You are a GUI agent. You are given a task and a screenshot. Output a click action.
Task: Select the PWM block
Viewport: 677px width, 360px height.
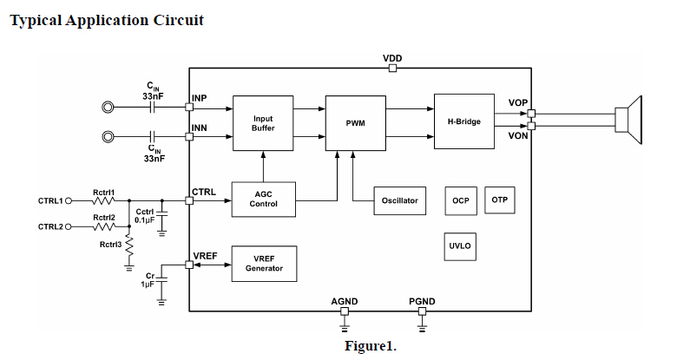(x=355, y=122)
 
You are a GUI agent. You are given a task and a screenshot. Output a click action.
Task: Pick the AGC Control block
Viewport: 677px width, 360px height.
(x=264, y=200)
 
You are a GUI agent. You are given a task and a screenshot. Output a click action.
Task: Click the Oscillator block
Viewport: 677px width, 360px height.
(x=399, y=200)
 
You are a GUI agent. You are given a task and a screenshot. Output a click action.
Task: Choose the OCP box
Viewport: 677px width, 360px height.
(x=460, y=200)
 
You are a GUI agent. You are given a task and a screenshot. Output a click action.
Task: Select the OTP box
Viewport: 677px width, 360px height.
(x=499, y=200)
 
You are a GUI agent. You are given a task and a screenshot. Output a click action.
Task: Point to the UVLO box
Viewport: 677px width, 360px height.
(x=460, y=245)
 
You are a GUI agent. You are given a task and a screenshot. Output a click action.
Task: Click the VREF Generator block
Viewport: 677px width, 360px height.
(x=264, y=264)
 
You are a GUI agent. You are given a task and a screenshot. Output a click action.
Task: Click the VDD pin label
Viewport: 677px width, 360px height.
(x=392, y=58)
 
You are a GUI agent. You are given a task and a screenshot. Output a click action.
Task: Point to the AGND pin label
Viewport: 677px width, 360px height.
(x=345, y=301)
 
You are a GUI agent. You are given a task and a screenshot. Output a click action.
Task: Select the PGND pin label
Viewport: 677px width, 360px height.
(x=422, y=301)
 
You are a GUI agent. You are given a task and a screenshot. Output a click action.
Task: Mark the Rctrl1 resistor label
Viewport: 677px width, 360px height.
(x=104, y=192)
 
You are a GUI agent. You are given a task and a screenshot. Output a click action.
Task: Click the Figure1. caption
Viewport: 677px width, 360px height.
(x=370, y=346)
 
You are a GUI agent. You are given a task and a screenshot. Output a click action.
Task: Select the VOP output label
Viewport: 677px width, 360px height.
(x=518, y=103)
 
